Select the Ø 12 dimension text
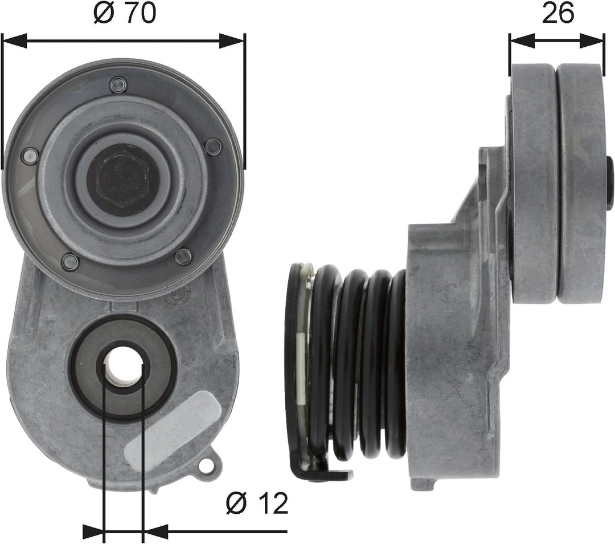(x=257, y=504)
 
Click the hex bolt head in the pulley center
(x=123, y=179)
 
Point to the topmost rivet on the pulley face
(x=118, y=86)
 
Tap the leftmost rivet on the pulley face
(x=29, y=156)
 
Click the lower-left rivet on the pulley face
(x=70, y=262)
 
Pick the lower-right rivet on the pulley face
(x=183, y=256)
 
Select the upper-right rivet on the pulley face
(x=213, y=147)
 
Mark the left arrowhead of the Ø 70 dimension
(x=15, y=40)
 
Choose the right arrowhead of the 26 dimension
(x=593, y=40)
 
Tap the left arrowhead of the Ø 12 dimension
(x=93, y=531)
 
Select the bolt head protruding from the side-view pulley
(x=609, y=184)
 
